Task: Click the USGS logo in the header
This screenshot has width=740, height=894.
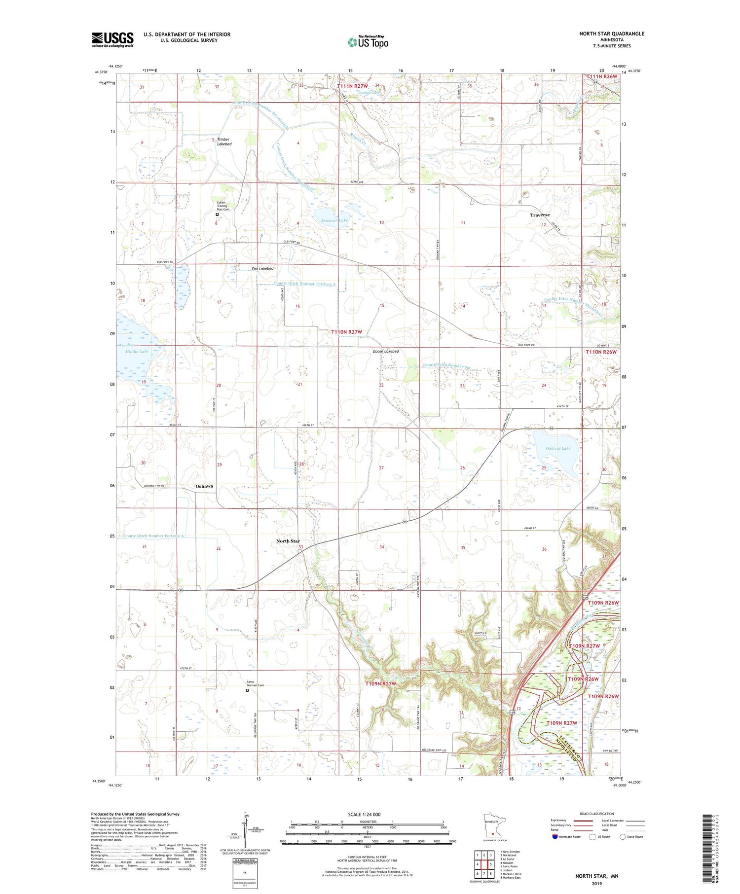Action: pos(112,39)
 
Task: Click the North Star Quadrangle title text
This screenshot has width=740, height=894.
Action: pos(612,34)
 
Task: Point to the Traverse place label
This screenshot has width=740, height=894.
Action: pos(540,215)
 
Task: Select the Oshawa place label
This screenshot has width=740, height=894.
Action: pos(204,486)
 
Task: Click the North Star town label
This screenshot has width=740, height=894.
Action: pos(288,541)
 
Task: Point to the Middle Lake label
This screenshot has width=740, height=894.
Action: pos(137,352)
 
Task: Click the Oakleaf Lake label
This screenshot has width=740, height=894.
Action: pos(558,448)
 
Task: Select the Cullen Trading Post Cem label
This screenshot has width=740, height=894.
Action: pos(223,206)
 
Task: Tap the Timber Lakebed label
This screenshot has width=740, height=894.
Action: pos(224,142)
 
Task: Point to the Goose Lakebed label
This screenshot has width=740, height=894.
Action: pos(385,352)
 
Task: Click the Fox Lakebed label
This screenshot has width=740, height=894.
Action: pos(262,269)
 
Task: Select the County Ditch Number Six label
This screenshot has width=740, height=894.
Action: pos(444,365)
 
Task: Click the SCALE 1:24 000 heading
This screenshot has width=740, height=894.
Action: pos(368,814)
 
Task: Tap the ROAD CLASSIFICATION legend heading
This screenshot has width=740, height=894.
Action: pos(597,814)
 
